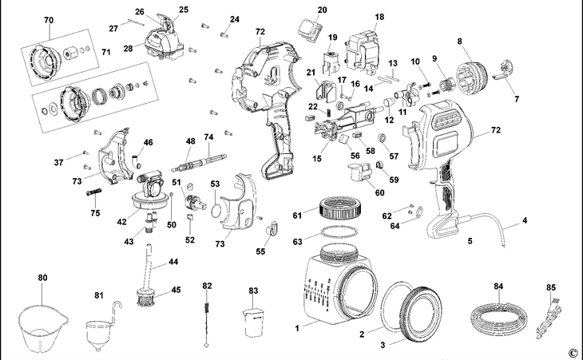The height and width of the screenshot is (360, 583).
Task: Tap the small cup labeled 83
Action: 254,323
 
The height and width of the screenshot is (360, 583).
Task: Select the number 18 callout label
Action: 379,17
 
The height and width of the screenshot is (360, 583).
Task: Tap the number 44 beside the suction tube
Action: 173,262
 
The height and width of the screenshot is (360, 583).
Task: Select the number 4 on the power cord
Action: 525,220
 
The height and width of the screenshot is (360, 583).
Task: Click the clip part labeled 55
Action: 269,231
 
